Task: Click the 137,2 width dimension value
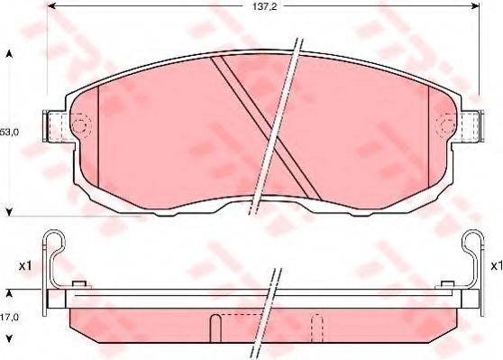click(264, 6)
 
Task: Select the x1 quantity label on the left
click(25, 265)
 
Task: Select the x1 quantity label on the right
click(497, 265)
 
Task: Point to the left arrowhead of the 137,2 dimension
click(51, 5)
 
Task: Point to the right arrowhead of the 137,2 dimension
click(475, 5)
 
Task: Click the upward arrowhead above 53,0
click(10, 54)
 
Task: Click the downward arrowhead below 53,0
click(10, 212)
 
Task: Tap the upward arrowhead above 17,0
click(10, 293)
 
